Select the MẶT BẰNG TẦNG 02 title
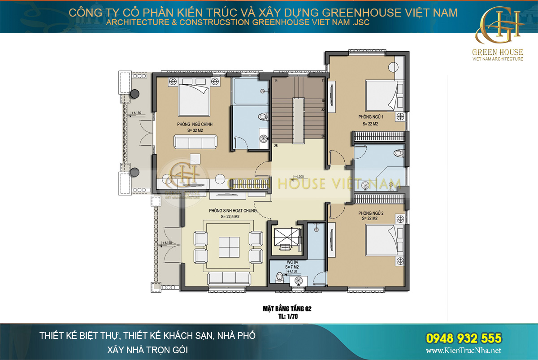[287, 308]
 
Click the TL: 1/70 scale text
[287, 316]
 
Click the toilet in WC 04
[279, 277]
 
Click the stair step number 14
[276, 80]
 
